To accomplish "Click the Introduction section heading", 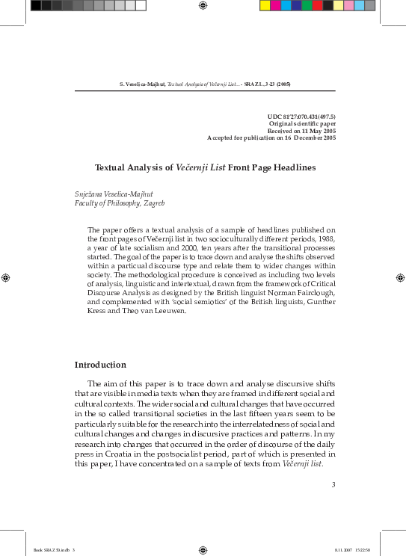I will (x=100, y=365).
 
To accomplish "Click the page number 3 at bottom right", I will (x=333, y=485).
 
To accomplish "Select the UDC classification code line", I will (x=301, y=117).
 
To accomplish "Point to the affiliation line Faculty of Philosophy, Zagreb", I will (x=120, y=203).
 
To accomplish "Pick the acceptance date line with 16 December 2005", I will (x=271, y=138).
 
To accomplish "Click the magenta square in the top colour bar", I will (x=275, y=5).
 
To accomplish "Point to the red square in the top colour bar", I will (x=317, y=5).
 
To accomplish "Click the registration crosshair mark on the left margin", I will (x=6, y=277).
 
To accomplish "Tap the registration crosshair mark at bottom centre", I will (x=203, y=550).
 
